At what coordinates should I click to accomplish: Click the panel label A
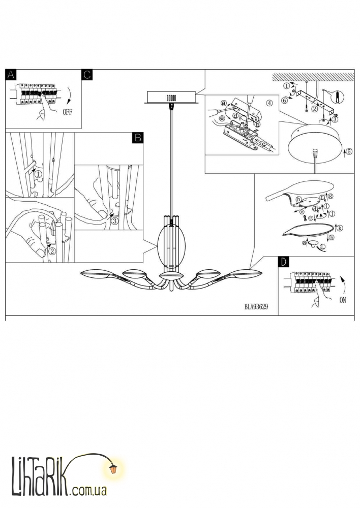click(x=11, y=75)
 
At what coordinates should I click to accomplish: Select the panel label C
click(x=87, y=75)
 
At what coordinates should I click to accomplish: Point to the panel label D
click(x=284, y=262)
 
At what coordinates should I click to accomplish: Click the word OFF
click(x=67, y=112)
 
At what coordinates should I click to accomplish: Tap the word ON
click(x=343, y=300)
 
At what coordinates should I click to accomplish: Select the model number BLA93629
click(x=256, y=307)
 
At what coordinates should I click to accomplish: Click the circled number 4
click(x=269, y=103)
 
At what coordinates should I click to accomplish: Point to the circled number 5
click(x=349, y=151)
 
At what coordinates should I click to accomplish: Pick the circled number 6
click(x=284, y=101)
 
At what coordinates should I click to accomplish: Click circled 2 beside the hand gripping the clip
click(x=51, y=250)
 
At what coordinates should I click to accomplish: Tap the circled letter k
click(x=340, y=228)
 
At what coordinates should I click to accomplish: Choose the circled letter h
click(x=298, y=200)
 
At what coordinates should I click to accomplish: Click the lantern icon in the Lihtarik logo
click(x=113, y=469)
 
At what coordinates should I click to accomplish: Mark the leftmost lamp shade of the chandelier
click(x=96, y=274)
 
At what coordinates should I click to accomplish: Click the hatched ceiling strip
click(x=313, y=77)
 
